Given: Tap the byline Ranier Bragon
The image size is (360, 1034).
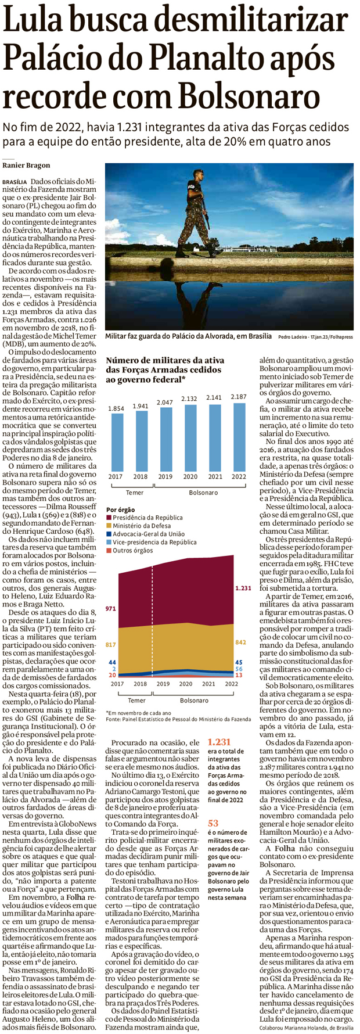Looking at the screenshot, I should coord(26,166).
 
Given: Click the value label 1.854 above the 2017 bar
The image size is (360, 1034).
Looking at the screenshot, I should coord(116,408).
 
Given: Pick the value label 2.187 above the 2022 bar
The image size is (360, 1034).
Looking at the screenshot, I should coord(238,397).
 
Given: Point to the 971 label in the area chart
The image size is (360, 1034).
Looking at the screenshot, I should coord(111,608).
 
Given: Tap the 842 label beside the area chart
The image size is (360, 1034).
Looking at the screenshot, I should coord(240,642).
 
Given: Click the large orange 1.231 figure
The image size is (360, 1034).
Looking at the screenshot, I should coord(219,742).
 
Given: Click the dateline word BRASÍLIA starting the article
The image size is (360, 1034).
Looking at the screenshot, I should coord(15,182).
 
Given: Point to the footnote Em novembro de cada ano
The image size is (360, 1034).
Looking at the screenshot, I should coord(138,712).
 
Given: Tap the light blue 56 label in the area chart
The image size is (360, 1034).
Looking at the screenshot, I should coord(239,669).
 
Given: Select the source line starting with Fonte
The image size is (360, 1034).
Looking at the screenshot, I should coord(178,719).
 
